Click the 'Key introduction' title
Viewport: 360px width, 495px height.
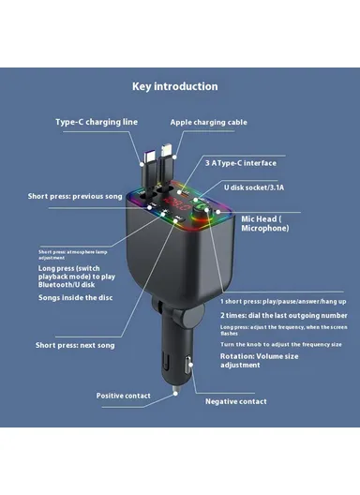tap(174, 86)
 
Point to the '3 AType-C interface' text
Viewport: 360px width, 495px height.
tap(242, 162)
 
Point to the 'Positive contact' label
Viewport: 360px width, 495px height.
tap(124, 396)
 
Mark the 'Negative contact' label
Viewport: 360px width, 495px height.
tap(236, 401)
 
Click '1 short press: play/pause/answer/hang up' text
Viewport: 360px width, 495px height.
tap(283, 301)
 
